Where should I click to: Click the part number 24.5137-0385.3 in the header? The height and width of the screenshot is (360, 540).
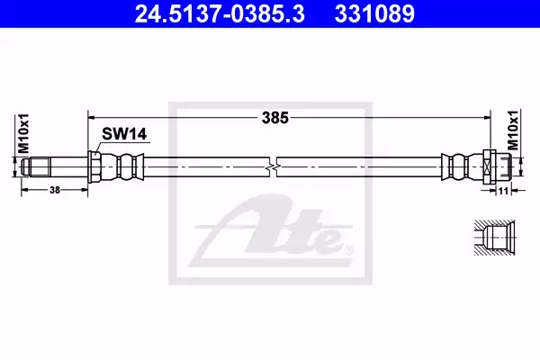click(x=220, y=13)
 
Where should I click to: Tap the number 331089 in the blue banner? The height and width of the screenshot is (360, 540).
click(x=374, y=13)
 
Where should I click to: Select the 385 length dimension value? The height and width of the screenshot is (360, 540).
click(x=274, y=118)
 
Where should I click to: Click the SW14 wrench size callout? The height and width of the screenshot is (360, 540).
click(x=124, y=134)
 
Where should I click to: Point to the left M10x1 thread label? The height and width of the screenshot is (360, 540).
click(x=23, y=133)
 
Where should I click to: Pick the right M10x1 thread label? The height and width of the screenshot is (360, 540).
click(x=513, y=130)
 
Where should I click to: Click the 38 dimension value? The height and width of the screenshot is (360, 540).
click(x=55, y=190)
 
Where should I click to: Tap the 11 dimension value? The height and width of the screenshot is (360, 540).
click(x=503, y=191)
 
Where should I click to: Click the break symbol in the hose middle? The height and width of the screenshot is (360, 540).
click(x=273, y=167)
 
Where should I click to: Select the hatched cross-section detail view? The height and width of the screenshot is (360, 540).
click(x=494, y=238)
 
